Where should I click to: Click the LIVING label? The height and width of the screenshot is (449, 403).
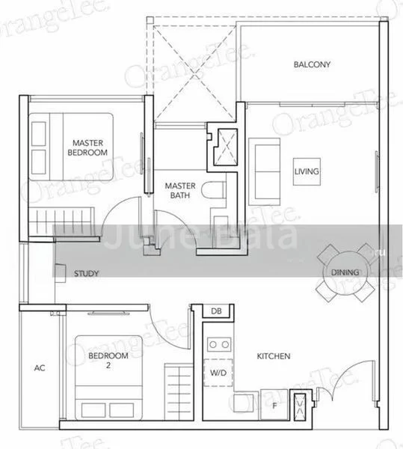click(307, 171)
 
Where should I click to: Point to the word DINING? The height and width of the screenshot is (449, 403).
click(345, 272)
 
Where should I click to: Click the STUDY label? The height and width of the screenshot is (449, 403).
click(87, 274)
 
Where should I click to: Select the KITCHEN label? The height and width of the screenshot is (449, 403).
click(274, 356)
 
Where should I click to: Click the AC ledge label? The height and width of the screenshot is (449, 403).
click(40, 368)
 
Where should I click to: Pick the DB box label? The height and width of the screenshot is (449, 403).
click(216, 311)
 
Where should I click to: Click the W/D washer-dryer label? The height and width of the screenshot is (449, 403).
click(218, 372)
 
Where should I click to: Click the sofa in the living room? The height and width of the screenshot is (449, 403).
click(263, 170)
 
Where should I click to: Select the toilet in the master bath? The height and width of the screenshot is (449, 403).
click(218, 190)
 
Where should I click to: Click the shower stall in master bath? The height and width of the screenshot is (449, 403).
click(224, 146)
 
